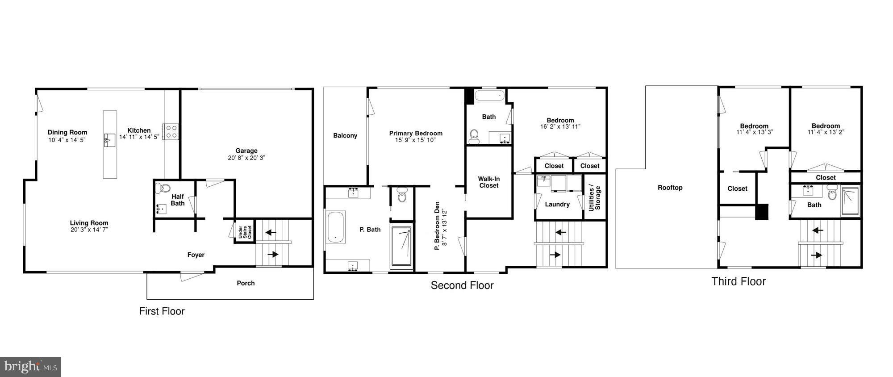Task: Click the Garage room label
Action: tap(246, 151)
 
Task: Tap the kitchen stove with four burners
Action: tap(171, 131)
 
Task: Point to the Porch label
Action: tap(246, 283)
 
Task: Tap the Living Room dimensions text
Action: tap(89, 230)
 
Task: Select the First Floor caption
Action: tap(162, 311)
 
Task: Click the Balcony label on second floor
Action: tap(345, 136)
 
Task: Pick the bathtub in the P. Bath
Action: tap(335, 227)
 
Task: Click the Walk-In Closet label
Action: tap(489, 182)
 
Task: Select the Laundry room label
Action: tap(557, 204)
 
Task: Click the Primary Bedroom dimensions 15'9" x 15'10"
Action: tap(415, 140)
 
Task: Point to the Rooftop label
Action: tap(670, 188)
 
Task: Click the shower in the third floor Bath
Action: tap(851, 201)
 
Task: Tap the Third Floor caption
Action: tap(739, 281)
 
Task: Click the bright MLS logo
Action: tap(30, 367)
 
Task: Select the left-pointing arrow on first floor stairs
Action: tap(271, 232)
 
